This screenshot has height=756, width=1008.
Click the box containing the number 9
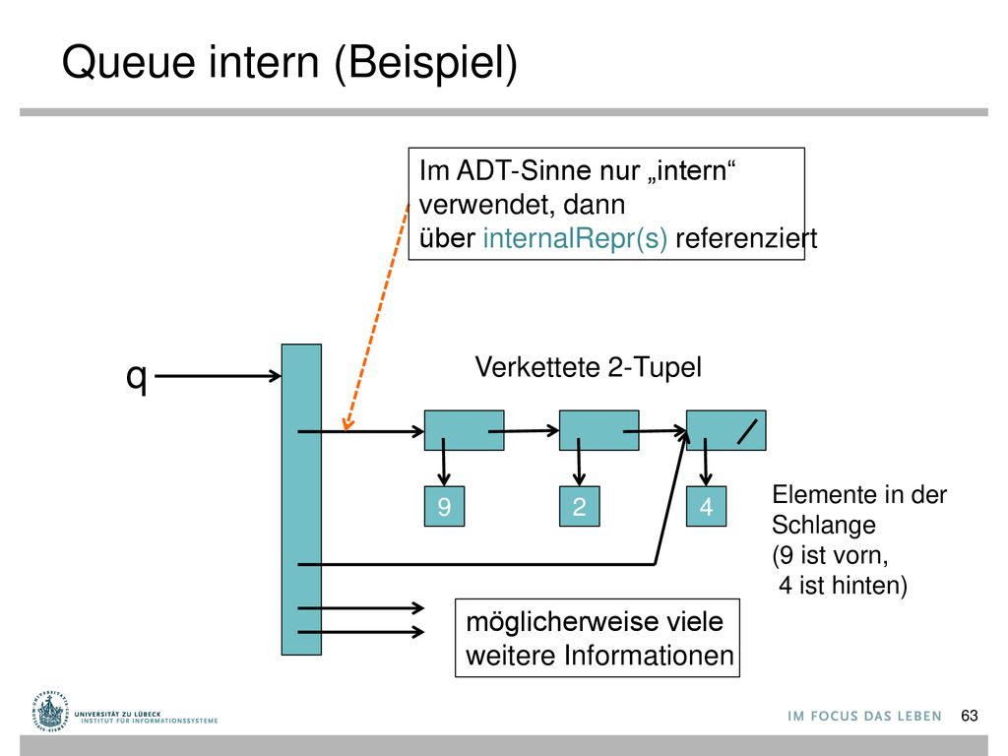click(x=444, y=507)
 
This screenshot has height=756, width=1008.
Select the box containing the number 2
click(x=579, y=507)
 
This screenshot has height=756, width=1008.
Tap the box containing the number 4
click(x=707, y=507)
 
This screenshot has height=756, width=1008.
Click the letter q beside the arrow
click(x=136, y=377)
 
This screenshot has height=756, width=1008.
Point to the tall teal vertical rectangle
click(x=301, y=499)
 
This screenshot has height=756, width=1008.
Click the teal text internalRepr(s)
click(x=575, y=238)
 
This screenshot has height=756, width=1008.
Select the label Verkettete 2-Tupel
click(x=589, y=368)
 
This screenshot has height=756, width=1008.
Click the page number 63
click(x=970, y=716)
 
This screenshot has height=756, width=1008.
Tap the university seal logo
click(x=49, y=711)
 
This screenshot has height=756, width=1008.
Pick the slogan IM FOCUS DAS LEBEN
click(x=864, y=717)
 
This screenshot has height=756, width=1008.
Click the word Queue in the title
click(x=128, y=62)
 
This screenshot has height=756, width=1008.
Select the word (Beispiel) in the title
click(x=425, y=63)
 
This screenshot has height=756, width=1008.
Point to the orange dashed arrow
click(x=377, y=316)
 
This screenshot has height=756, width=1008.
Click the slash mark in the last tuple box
click(x=748, y=431)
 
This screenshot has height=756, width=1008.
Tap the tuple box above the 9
click(x=465, y=430)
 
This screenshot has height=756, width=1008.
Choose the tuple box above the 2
click(x=599, y=430)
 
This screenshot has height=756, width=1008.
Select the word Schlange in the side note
click(x=824, y=526)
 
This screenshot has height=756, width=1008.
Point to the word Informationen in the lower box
click(x=649, y=656)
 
